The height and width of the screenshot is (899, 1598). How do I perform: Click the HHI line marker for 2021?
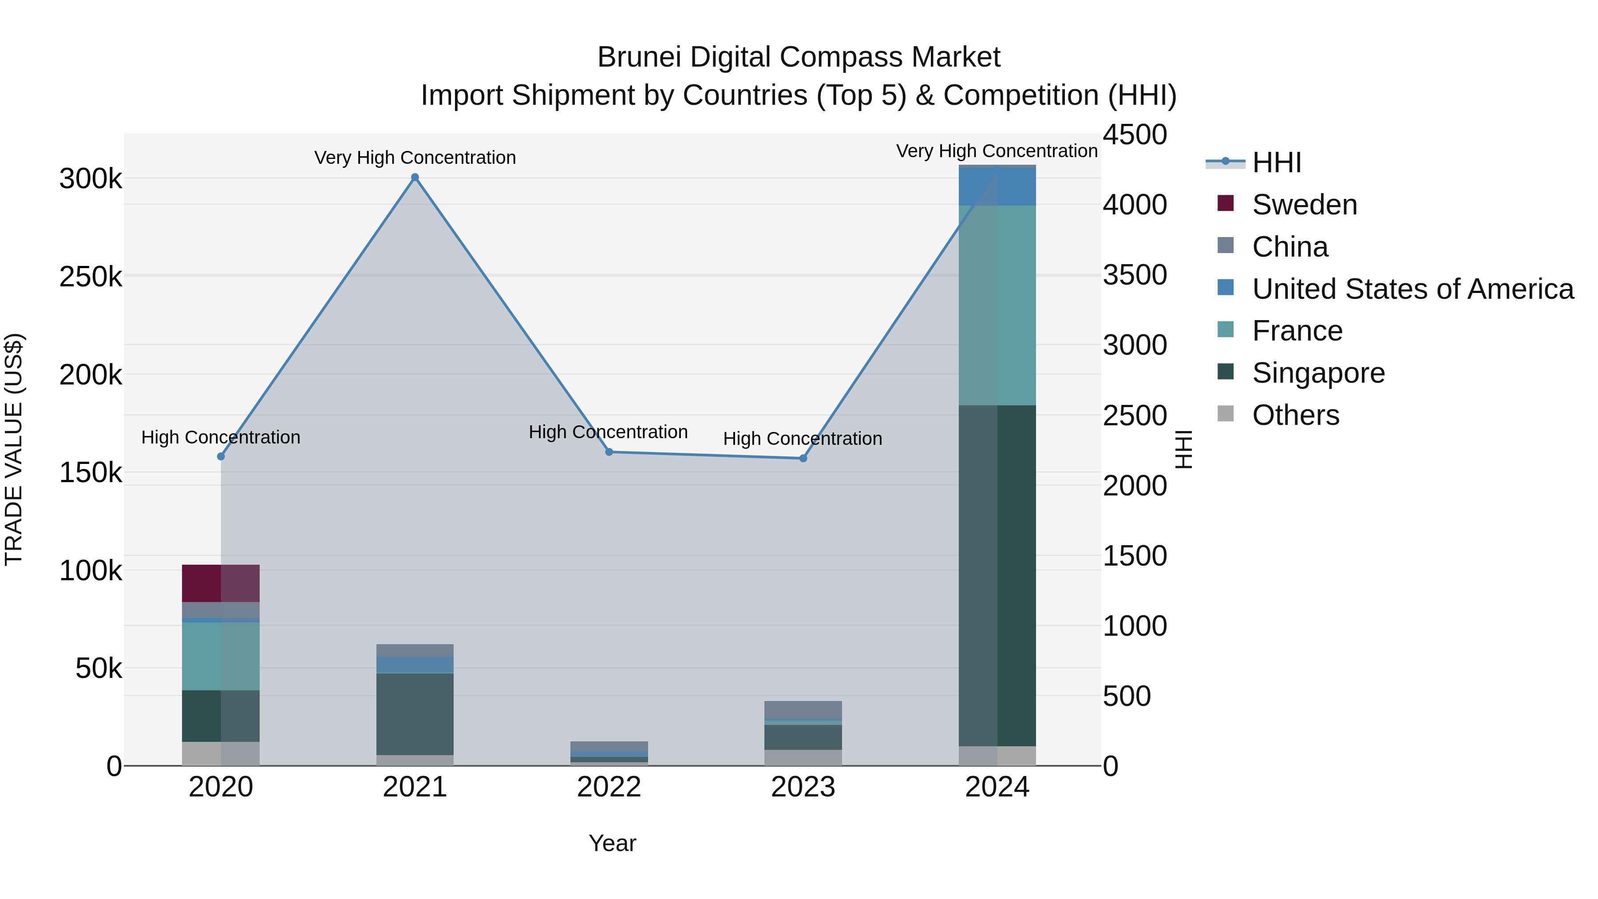(415, 178)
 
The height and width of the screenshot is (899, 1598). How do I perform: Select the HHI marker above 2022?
(609, 452)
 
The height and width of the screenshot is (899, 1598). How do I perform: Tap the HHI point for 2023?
(803, 459)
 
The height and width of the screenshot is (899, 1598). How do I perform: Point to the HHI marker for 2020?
(221, 457)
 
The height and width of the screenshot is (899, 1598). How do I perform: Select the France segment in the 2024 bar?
(997, 305)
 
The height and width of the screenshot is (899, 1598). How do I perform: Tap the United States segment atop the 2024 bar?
(997, 186)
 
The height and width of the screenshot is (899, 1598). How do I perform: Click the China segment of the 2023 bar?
(803, 710)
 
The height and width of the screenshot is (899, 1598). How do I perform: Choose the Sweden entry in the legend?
(1304, 205)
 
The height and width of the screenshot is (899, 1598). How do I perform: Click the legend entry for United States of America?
(1412, 289)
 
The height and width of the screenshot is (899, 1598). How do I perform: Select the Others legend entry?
(1295, 415)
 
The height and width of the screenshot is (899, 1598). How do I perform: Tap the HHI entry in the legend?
(1276, 162)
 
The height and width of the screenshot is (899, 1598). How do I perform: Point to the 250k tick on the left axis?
(91, 277)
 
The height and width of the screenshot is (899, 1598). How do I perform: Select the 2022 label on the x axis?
(609, 787)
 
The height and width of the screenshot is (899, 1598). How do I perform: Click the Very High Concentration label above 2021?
(415, 158)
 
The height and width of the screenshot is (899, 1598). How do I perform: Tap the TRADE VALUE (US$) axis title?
(14, 449)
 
